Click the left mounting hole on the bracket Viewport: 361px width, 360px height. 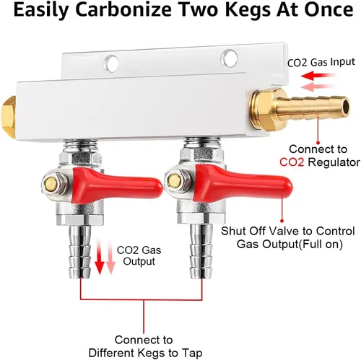point(111,63)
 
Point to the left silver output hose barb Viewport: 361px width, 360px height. point(80,250)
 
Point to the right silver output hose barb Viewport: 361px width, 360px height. point(201,250)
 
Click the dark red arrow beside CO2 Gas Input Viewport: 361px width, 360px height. point(318,76)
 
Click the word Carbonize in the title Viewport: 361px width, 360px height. point(120,10)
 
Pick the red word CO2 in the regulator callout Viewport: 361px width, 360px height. point(292,162)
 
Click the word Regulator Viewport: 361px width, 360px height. point(334,162)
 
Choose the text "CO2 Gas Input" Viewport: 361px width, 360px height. point(321,62)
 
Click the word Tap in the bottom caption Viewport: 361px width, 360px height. point(191,353)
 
